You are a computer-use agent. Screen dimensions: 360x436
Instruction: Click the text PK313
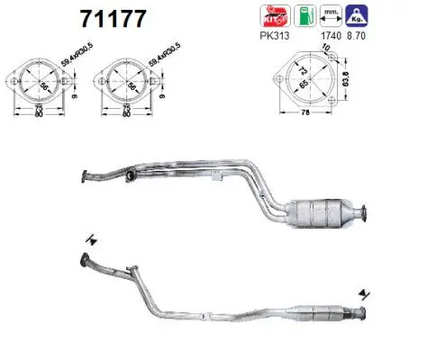[x=269, y=38]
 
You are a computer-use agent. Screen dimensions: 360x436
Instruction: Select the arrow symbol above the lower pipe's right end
[x=363, y=294]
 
